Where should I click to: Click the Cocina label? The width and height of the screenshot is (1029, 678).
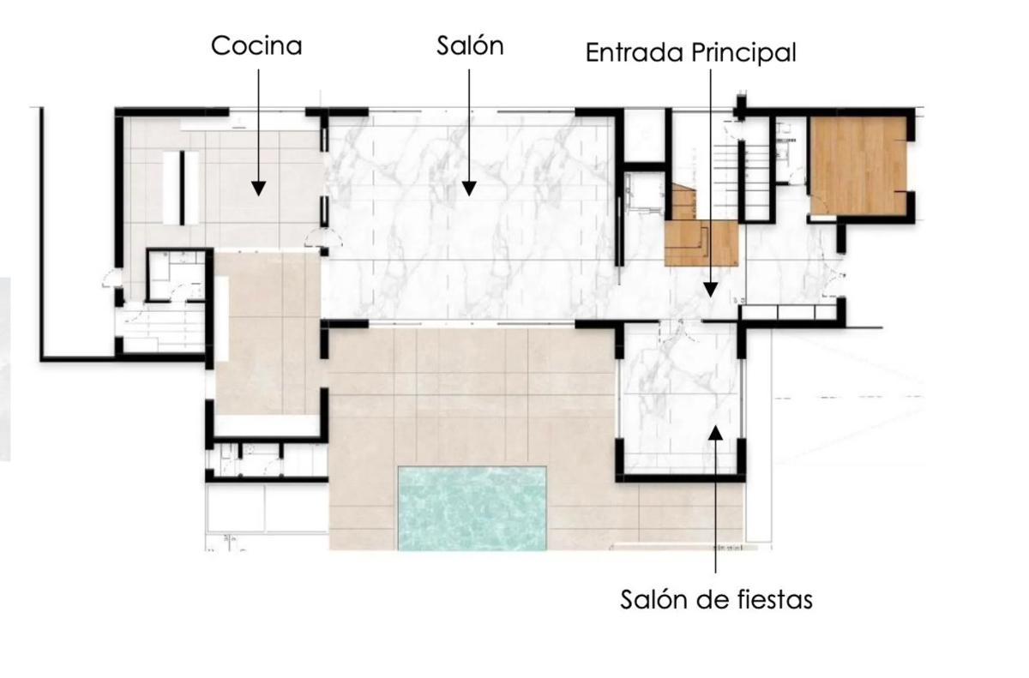(256, 46)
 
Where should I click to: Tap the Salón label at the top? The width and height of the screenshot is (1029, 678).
(470, 45)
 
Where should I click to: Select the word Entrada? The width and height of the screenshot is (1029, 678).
(635, 52)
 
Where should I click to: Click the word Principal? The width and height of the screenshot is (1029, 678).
(743, 53)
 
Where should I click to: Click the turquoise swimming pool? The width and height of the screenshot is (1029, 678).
(472, 508)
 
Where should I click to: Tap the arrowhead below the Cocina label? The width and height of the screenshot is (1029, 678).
(259, 189)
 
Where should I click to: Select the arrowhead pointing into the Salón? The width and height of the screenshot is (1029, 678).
(468, 189)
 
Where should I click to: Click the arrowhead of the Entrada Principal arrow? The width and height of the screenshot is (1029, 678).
(710, 290)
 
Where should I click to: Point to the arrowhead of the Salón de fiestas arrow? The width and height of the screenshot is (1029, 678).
(716, 432)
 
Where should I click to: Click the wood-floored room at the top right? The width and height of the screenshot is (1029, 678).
(858, 165)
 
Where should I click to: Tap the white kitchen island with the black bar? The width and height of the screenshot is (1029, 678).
(182, 188)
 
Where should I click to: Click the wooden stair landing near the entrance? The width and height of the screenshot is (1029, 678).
(701, 243)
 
